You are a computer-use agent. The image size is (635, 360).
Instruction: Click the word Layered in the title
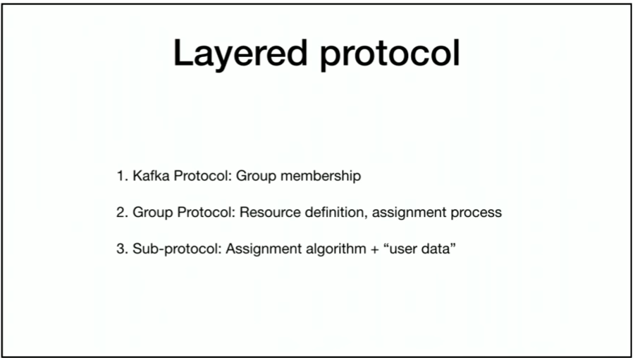240,54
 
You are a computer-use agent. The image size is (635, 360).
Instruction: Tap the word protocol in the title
390,54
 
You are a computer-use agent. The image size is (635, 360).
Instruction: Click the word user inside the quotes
403,249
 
